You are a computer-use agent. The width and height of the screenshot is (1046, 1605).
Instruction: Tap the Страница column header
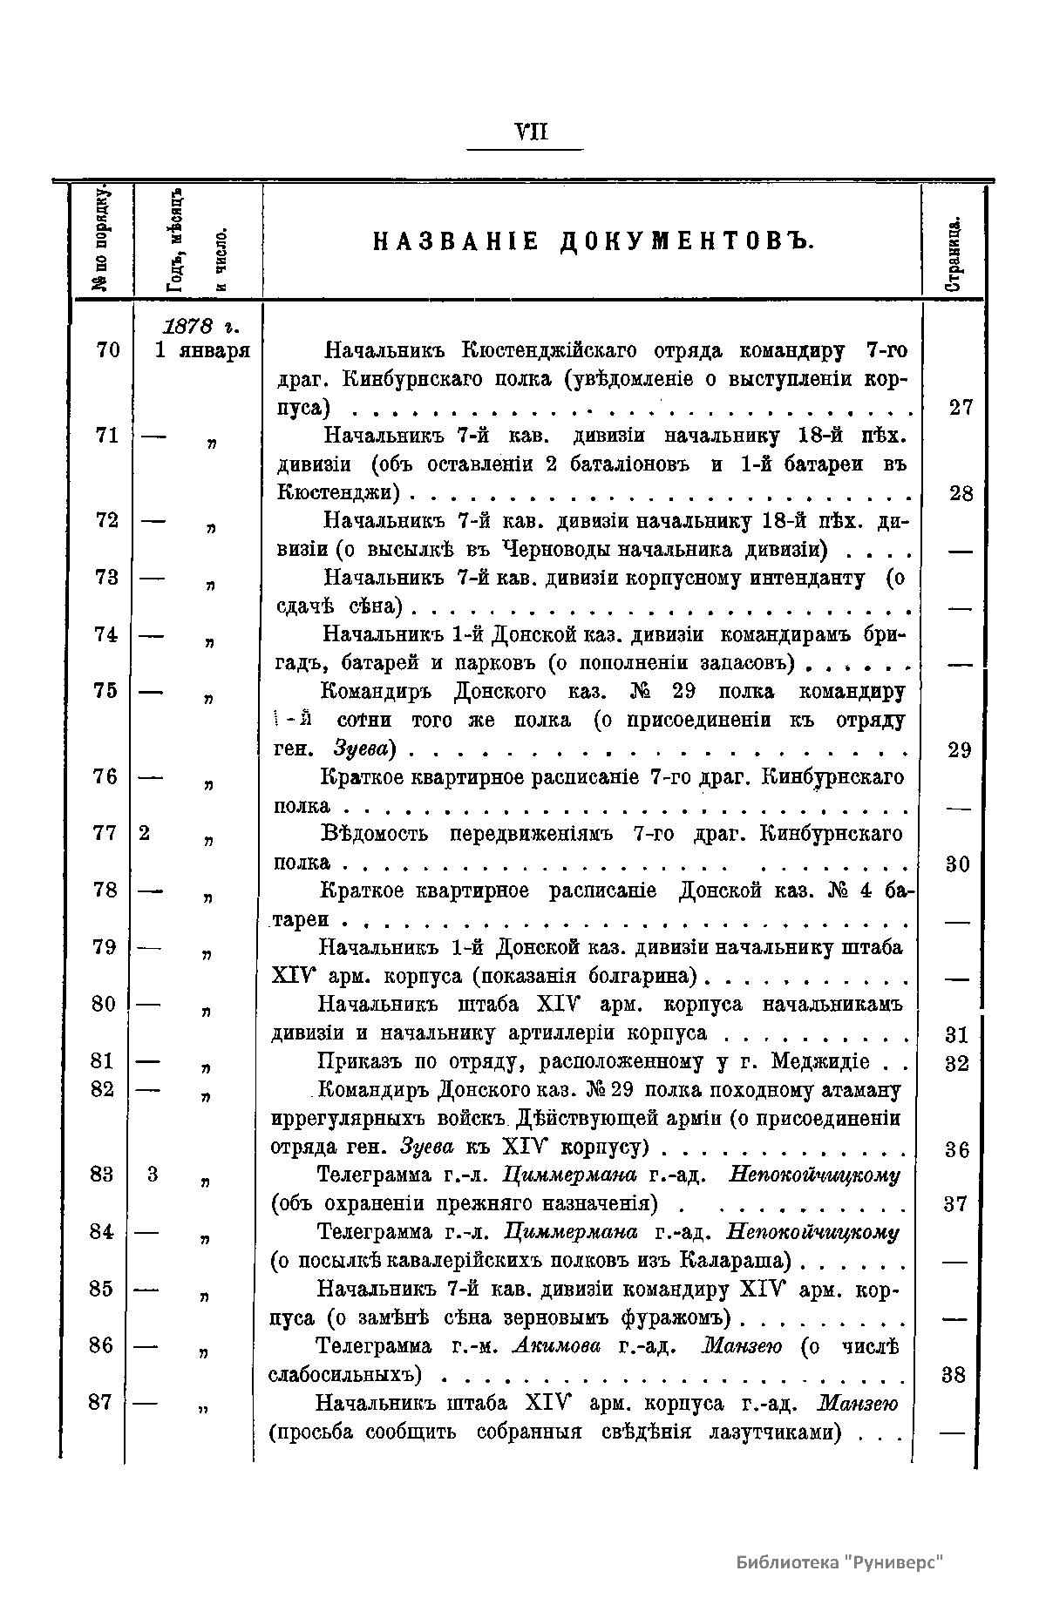click(x=954, y=253)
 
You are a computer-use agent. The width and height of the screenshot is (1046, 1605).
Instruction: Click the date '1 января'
click(x=202, y=351)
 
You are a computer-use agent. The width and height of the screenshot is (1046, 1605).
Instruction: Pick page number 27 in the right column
click(x=960, y=408)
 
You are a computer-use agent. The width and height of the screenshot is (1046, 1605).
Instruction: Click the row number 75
click(x=105, y=691)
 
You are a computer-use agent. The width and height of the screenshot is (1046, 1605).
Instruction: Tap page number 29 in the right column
click(x=959, y=750)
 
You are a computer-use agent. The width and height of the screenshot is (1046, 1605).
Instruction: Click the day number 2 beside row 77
click(x=144, y=833)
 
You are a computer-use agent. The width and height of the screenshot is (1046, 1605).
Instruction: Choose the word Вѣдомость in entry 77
click(x=375, y=834)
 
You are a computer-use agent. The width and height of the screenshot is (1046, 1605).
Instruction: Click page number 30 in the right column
click(x=958, y=864)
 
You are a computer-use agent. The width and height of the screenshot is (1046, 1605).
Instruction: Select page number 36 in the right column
click(x=957, y=1150)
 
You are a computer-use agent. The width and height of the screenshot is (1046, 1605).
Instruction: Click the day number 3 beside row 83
click(x=153, y=1175)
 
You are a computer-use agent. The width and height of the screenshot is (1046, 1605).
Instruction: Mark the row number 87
click(x=103, y=1403)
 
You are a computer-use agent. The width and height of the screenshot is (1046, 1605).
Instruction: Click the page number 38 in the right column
click(x=954, y=1375)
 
